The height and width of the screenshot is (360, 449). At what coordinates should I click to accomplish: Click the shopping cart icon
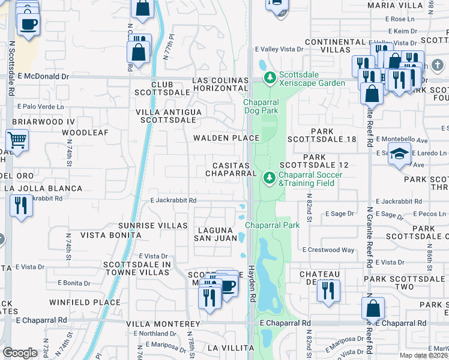point(17,141)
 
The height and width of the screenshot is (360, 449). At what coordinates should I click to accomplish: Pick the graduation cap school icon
point(399,155)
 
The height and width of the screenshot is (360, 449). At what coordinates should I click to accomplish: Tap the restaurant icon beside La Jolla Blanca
point(21,206)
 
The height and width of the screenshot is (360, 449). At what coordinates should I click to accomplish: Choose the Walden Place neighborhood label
point(226,138)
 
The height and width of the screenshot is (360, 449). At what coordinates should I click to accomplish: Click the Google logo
point(20,352)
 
